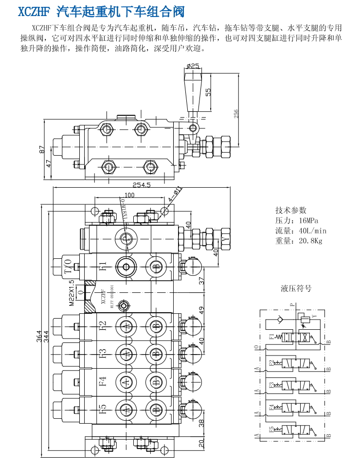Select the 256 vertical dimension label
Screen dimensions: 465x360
coord(236,114)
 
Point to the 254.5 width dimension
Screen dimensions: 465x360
coord(142,185)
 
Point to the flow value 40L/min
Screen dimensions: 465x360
coord(308,231)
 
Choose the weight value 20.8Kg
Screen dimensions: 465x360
coord(306,241)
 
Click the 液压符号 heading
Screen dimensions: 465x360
coord(296,288)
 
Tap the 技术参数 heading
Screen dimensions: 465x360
coord(291,210)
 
